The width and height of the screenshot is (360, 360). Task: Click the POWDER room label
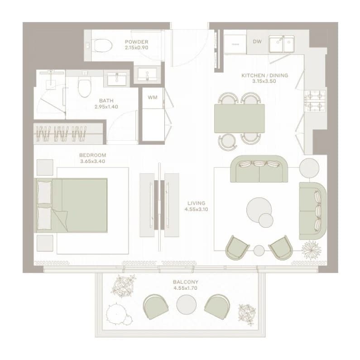point(136,42)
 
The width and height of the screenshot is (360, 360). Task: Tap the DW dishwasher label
point(257,42)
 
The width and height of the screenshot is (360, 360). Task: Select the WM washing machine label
point(153,97)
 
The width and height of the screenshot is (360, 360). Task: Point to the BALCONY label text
point(186,282)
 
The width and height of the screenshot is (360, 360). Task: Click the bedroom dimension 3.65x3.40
point(92,161)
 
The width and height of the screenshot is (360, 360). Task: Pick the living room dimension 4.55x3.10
point(196,209)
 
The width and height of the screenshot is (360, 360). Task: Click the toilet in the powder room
point(102,45)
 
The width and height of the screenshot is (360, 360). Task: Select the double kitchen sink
point(282,43)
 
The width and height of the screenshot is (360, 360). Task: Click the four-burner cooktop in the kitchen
point(315,101)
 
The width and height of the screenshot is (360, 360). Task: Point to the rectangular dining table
point(240,119)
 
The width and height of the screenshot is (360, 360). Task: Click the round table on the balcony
point(187,304)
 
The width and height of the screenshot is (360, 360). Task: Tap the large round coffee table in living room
point(259,210)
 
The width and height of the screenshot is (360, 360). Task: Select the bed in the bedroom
point(71,205)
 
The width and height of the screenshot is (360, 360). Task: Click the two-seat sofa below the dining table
point(259,169)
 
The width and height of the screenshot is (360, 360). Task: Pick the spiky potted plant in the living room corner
point(311,250)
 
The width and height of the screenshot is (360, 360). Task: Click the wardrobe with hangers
point(68,134)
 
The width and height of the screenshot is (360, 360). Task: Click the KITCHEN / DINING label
point(265,75)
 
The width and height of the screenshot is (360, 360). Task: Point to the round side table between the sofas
point(309,168)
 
